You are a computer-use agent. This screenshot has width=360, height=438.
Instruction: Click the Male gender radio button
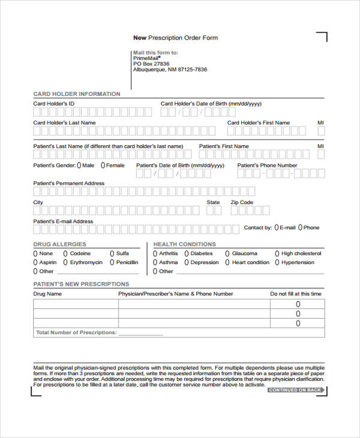79,165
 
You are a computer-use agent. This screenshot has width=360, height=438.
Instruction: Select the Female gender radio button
103,165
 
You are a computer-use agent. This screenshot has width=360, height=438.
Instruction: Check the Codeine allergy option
65,253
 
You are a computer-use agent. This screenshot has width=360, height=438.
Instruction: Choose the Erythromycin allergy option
65,262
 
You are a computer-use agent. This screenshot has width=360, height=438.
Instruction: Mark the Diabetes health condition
186,253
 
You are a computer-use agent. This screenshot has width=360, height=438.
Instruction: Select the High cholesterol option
277,253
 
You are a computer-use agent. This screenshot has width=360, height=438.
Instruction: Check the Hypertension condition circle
277,262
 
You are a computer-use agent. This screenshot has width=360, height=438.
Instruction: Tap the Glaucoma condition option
227,253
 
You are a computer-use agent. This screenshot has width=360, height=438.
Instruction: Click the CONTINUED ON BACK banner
296,390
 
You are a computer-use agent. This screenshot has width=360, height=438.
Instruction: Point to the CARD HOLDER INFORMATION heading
76,94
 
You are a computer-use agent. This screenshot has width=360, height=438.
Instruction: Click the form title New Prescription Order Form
175,38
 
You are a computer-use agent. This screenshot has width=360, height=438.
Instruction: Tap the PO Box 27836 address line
151,64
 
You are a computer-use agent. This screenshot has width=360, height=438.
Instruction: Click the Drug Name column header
47,294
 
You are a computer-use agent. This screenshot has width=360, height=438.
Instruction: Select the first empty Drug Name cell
76,304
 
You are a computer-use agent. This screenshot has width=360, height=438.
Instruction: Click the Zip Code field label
242,202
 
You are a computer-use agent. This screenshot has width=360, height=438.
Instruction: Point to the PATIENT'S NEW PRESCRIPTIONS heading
80,284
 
